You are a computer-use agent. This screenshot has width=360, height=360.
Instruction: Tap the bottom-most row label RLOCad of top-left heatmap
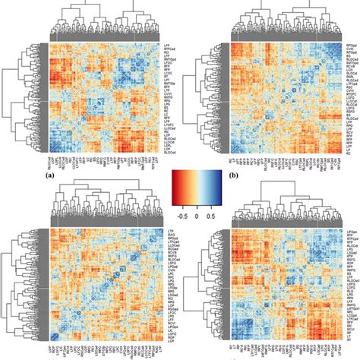click(168, 147)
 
